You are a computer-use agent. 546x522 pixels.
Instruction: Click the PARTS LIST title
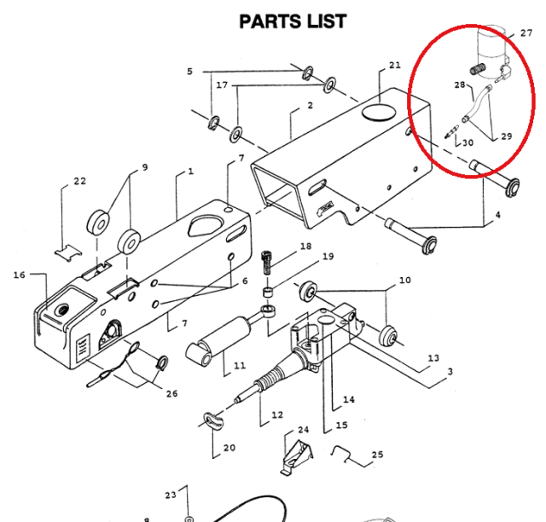pos(293,20)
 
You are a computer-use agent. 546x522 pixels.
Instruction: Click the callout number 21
pos(393,66)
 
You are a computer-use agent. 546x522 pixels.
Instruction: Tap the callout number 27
pos(526,33)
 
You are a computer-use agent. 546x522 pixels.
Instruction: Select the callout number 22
pos(79,182)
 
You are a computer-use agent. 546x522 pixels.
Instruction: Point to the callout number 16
pos(20,275)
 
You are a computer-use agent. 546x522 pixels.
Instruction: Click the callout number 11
pos(239,367)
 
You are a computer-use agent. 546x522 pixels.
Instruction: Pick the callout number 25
pos(378,455)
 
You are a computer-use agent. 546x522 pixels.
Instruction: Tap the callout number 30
pos(468,142)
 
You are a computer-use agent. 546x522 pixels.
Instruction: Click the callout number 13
pos(433,359)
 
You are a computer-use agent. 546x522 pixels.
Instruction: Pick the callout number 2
pos(310,105)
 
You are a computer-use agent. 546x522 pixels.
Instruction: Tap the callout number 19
pos(328,257)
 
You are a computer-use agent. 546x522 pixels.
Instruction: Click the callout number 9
pos(144,167)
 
